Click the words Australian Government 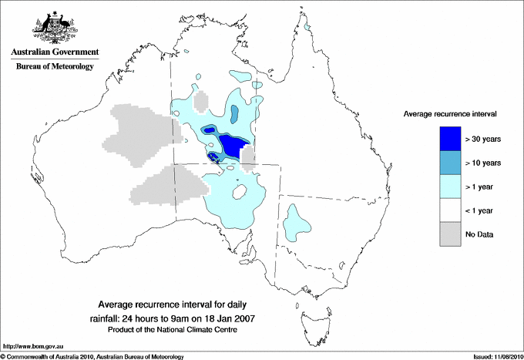tap(54, 52)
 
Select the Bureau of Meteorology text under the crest tap(54, 66)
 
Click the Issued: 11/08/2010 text tap(495, 356)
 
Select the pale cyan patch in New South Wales tap(295, 220)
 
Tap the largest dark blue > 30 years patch tap(233, 144)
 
